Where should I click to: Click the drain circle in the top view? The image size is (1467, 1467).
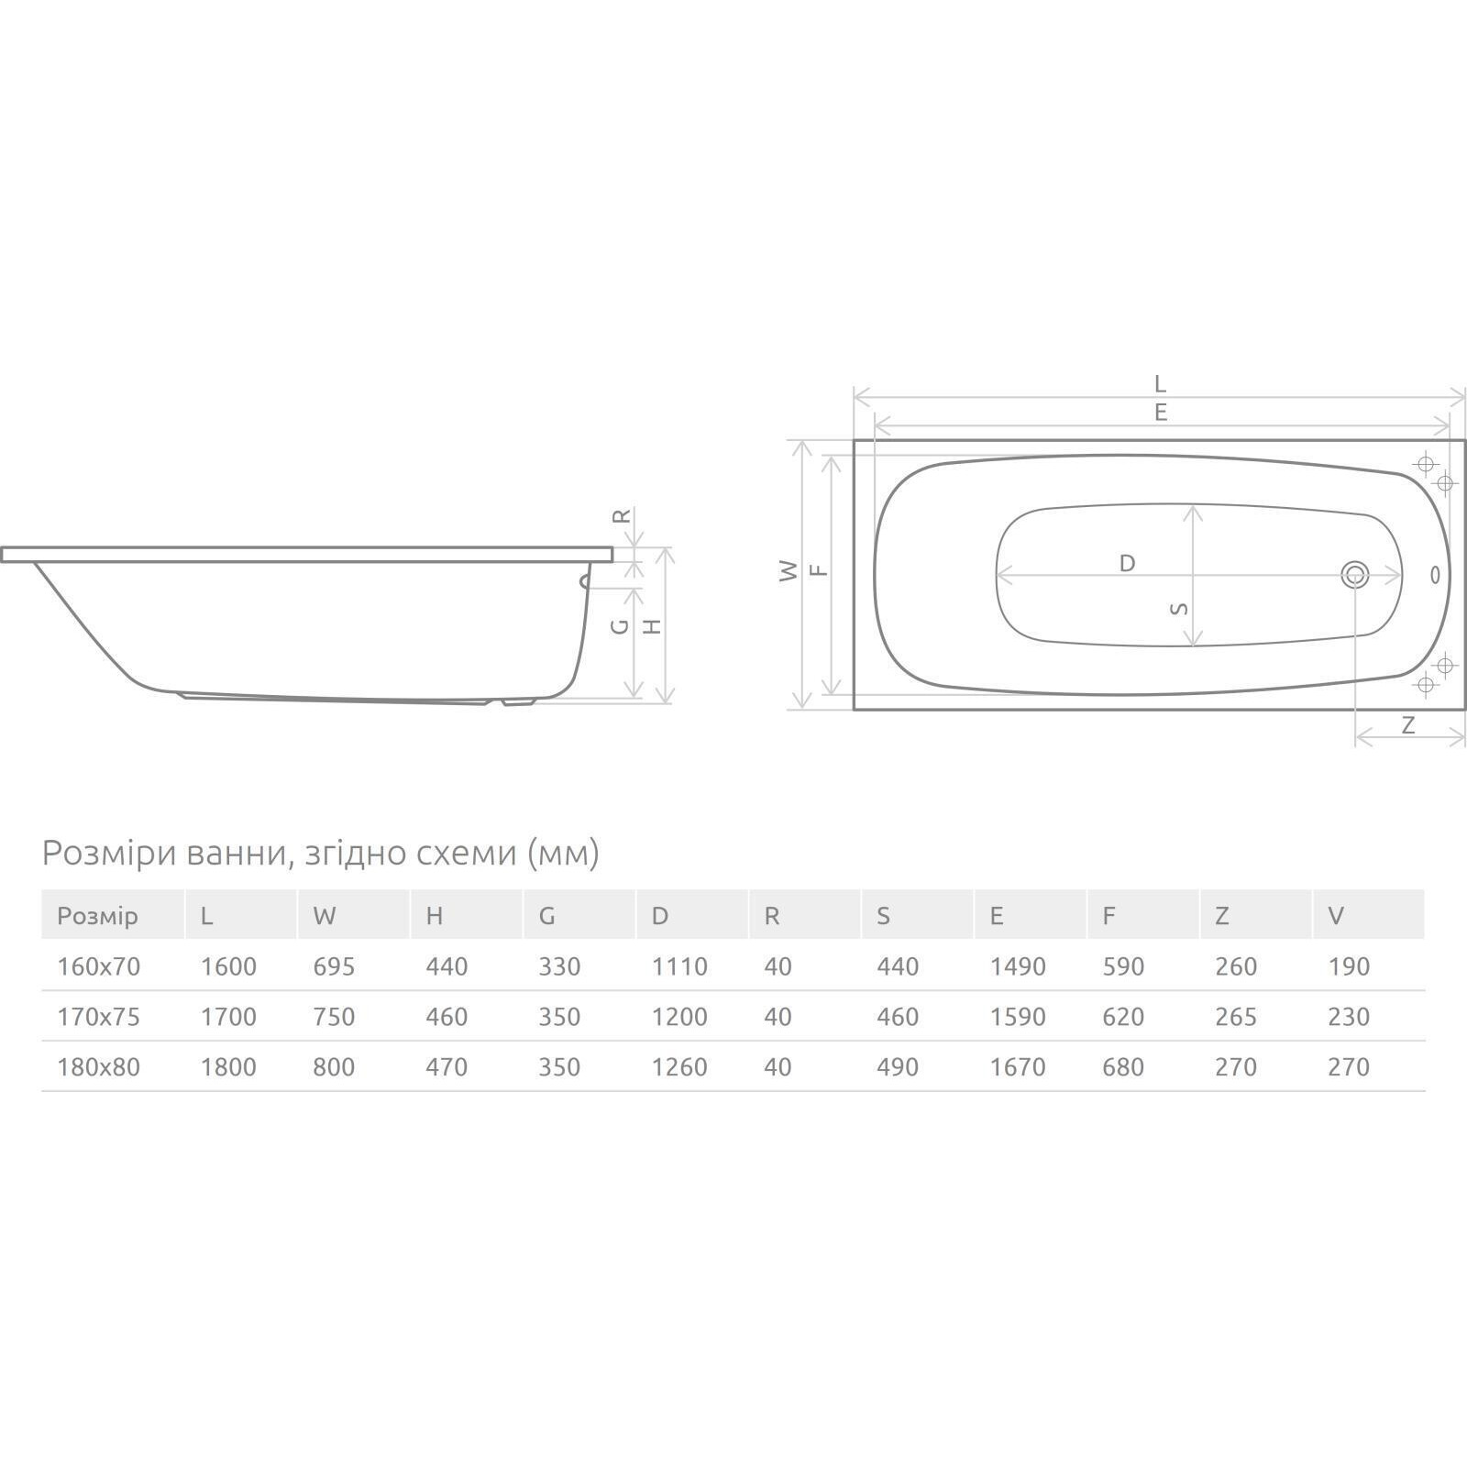tap(1354, 575)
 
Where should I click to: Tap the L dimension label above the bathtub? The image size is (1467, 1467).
tap(1160, 383)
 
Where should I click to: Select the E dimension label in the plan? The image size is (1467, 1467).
tap(1161, 413)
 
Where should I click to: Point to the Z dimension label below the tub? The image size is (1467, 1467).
tap(1408, 725)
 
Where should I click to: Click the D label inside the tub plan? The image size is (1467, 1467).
tap(1127, 563)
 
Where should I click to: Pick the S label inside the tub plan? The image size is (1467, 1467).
tap(1181, 608)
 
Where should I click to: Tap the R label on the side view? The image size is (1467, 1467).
tap(622, 516)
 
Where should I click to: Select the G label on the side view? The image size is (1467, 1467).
tap(620, 626)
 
